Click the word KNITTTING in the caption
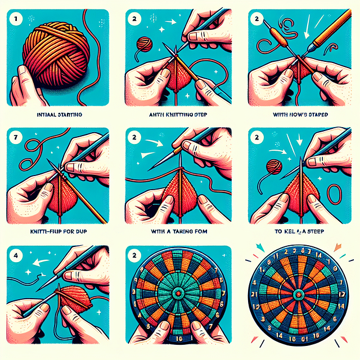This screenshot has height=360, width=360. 177,114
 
